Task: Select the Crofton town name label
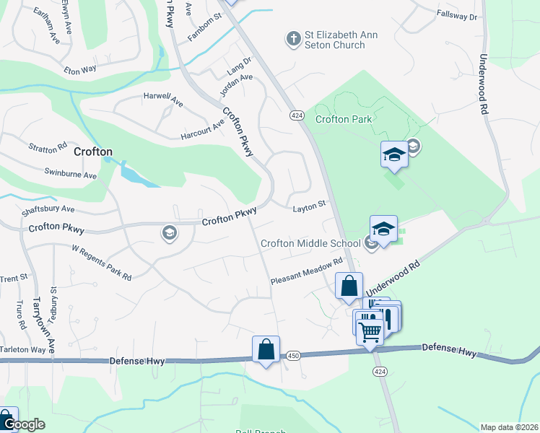tap(93, 152)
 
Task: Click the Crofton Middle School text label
tap(310, 243)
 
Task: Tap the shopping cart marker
tap(369, 332)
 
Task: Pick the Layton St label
tap(310, 209)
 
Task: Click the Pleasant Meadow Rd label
tap(305, 272)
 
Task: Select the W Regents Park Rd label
tap(101, 262)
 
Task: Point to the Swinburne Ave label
tap(70, 175)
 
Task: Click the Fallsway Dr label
tap(458, 15)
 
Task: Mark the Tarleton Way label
tap(23, 349)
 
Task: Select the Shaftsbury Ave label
tap(48, 209)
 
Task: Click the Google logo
tap(23, 424)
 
